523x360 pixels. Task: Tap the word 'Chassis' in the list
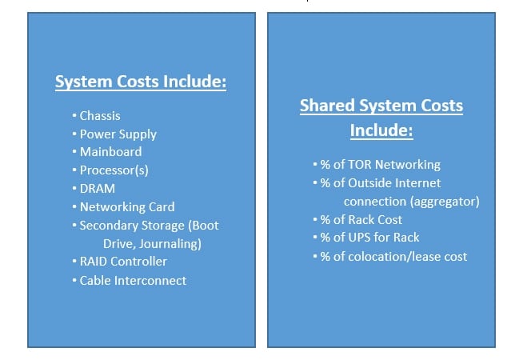pos(100,116)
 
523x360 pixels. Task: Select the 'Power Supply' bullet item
pos(118,134)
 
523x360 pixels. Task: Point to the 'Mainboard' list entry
pos(110,151)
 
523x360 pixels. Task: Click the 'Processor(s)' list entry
pos(114,170)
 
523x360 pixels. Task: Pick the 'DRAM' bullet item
pos(98,189)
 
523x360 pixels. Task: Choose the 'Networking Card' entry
pos(126,207)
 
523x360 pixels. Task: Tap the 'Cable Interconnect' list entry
pos(133,280)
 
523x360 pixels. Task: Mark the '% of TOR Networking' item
pos(380,165)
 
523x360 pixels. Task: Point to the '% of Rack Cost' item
pos(361,220)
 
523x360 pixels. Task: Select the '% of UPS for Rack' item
pos(369,238)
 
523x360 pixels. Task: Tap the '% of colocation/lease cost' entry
pos(393,256)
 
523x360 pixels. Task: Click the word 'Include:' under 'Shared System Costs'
pos(381,130)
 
